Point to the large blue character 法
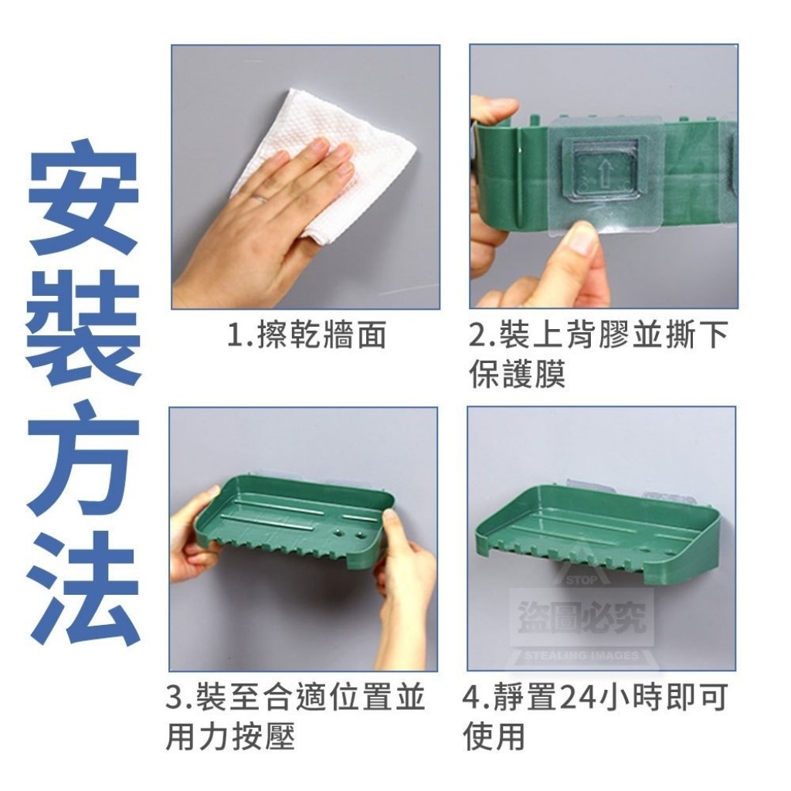pyautogui.click(x=83, y=589)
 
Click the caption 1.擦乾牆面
pyautogui.click(x=307, y=334)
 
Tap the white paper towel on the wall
pyautogui.click(x=323, y=162)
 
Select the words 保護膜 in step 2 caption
pyautogui.click(x=517, y=374)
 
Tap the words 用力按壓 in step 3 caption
pyautogui.click(x=229, y=736)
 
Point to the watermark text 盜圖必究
pyautogui.click(x=581, y=617)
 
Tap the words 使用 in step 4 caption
pyautogui.click(x=494, y=736)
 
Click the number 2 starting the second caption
pyautogui.click(x=477, y=334)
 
